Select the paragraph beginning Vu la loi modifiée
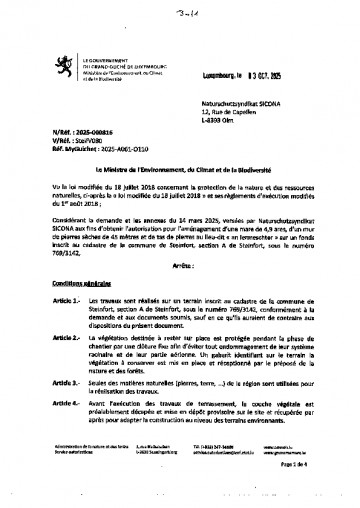point(181,198)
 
